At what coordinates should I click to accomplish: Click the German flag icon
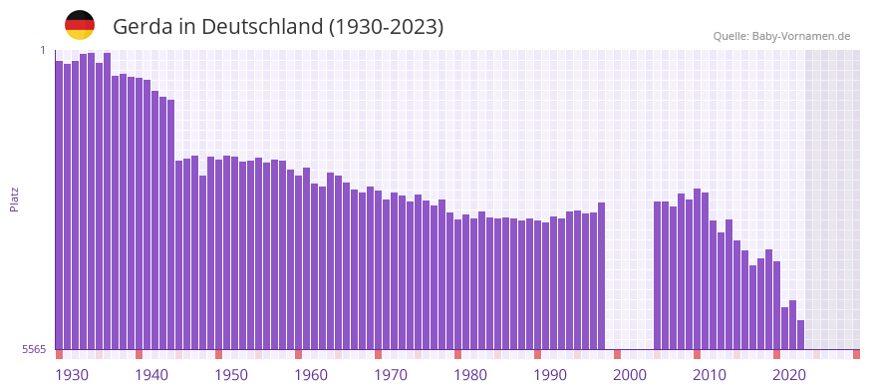[80, 25]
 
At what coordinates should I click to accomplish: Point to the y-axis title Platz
[14, 199]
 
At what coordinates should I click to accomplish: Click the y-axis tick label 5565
[32, 349]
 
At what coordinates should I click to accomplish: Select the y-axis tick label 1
[43, 50]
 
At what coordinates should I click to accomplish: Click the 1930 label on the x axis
[72, 375]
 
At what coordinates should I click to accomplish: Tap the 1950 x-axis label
[231, 375]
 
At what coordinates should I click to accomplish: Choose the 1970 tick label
[391, 375]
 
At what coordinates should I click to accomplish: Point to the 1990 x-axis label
[550, 375]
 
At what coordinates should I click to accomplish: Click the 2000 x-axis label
[630, 375]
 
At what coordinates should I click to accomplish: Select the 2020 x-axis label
[789, 375]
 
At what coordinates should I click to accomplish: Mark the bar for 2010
[698, 269]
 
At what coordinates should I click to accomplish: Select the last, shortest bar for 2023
[801, 335]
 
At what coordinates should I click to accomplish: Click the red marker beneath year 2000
[618, 354]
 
